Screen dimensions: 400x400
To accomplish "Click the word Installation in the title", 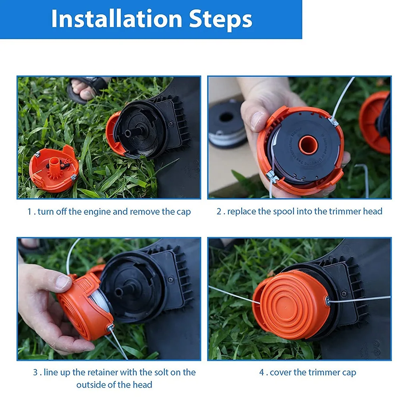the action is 117,19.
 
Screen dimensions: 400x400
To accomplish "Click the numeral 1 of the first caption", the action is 29,212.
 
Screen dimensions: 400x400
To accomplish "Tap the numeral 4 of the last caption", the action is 262,372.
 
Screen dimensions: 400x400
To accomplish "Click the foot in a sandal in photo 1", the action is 86,89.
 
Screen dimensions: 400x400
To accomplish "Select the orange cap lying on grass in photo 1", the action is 54,168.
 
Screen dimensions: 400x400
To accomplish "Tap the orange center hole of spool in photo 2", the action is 308,145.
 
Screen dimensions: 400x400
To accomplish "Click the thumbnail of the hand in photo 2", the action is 257,121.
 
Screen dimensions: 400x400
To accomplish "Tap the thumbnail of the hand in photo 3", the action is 62,282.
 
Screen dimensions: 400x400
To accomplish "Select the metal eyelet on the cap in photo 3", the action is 110,327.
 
